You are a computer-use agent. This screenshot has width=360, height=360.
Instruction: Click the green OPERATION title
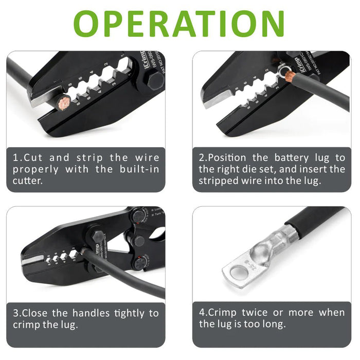coord(180,23)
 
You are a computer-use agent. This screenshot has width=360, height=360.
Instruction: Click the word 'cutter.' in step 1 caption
coord(29,181)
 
